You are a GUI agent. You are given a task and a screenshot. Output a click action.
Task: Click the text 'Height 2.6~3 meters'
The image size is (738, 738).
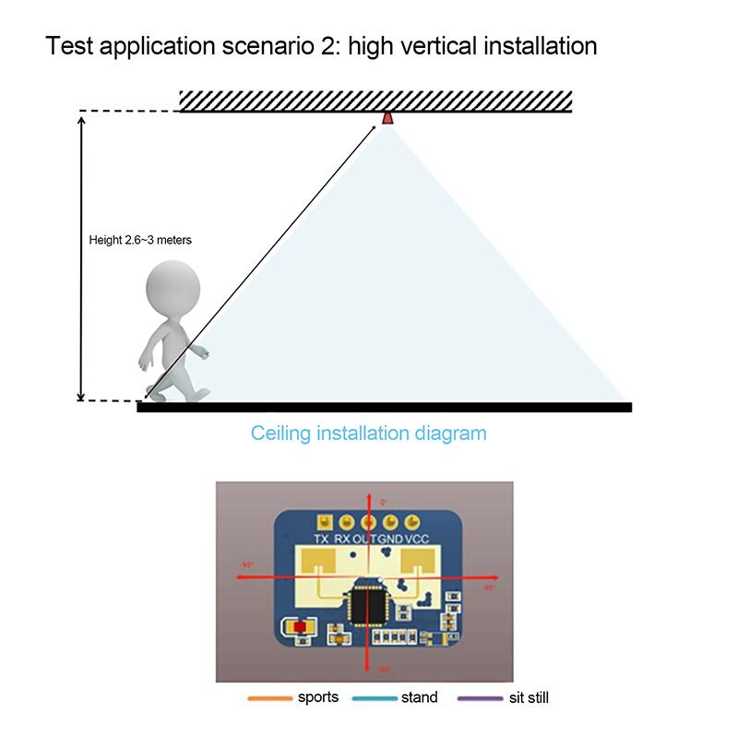140,240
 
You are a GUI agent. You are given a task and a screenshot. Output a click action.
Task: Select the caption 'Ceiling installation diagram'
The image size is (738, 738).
369,433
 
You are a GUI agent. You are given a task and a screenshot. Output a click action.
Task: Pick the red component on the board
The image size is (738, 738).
300,627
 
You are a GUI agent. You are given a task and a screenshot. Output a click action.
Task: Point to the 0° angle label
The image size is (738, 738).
385,502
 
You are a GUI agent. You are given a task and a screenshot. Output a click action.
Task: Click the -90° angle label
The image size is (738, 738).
246,564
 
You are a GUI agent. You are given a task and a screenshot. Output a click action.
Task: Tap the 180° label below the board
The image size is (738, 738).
384,670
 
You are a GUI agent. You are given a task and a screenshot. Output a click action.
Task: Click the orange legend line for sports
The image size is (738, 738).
268,699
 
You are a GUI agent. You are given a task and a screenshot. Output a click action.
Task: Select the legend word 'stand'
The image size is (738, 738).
420,698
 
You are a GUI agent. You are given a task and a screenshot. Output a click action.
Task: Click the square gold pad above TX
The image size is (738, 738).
318,520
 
